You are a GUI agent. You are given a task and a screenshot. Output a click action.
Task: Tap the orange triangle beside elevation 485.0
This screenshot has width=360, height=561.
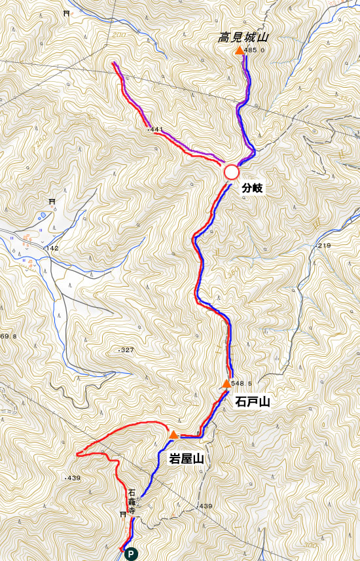[238, 50]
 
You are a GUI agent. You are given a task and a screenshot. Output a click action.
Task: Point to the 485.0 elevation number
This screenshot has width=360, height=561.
[254, 50]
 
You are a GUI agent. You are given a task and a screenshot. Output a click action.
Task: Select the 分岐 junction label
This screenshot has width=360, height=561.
[252, 188]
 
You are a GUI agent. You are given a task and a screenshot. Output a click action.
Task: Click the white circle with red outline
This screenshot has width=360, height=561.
[231, 172]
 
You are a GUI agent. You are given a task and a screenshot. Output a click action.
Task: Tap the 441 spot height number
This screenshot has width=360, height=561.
[156, 130]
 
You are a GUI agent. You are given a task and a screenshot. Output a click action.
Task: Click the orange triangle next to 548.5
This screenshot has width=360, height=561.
[226, 384]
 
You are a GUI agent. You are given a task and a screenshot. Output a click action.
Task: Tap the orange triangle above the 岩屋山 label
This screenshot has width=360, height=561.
[173, 434]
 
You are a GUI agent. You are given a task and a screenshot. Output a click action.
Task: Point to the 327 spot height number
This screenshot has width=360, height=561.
[126, 350]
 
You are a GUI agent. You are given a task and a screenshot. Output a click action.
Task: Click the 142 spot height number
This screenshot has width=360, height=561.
[53, 248]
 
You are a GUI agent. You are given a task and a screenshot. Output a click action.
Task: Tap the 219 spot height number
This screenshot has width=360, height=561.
[324, 245]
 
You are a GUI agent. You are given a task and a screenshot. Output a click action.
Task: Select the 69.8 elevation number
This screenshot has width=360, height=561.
[9, 336]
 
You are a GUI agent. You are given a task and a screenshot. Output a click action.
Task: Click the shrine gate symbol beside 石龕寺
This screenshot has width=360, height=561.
[122, 515]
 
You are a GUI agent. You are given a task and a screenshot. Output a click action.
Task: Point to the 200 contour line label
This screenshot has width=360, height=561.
[118, 35]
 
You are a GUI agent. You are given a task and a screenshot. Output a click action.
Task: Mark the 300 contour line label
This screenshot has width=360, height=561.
[312, 545]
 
